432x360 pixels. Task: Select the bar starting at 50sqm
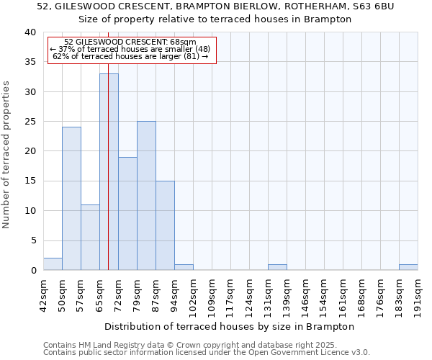click(x=71, y=199)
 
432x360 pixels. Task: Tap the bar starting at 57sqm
click(x=90, y=238)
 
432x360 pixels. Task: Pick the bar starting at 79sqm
click(x=146, y=196)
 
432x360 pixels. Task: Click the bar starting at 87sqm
click(x=165, y=225)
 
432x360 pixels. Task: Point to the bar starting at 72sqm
click(x=127, y=214)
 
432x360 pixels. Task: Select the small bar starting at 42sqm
click(x=53, y=264)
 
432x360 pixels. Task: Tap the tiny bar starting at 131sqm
click(x=277, y=267)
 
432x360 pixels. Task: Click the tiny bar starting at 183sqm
click(x=408, y=267)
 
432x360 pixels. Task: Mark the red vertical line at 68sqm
click(x=108, y=144)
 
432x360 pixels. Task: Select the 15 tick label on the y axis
click(x=31, y=181)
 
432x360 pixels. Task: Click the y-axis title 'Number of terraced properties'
click(x=6, y=154)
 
